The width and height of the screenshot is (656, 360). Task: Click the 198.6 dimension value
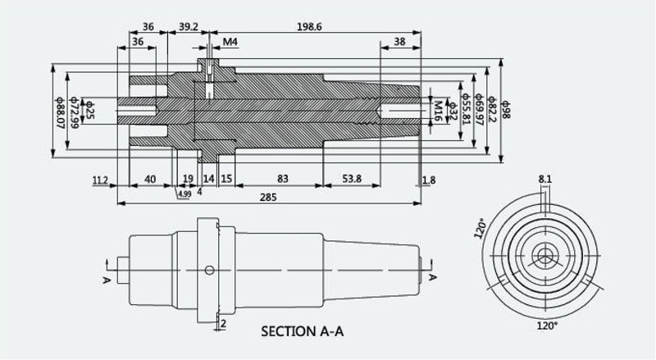click(x=309, y=27)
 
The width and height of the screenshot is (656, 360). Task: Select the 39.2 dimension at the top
click(x=189, y=27)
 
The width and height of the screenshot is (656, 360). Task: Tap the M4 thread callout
click(x=230, y=42)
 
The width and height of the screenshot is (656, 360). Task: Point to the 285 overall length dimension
click(x=268, y=197)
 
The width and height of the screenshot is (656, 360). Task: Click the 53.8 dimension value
click(x=352, y=179)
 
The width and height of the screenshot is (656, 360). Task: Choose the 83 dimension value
click(x=283, y=179)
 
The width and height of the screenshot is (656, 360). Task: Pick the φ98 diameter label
click(x=506, y=109)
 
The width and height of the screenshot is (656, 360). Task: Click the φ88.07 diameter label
click(x=59, y=112)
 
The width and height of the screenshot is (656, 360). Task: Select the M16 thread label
click(x=438, y=111)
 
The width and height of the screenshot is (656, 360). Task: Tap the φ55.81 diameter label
click(x=466, y=109)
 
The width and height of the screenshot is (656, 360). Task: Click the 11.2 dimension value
click(x=100, y=180)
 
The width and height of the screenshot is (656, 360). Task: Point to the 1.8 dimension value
click(x=429, y=180)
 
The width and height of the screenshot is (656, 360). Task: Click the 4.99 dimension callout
click(x=184, y=194)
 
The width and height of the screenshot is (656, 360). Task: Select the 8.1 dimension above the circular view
click(x=545, y=180)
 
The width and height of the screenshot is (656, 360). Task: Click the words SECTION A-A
click(x=302, y=331)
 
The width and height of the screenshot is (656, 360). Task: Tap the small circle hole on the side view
click(x=209, y=271)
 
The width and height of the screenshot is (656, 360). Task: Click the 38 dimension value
click(x=399, y=42)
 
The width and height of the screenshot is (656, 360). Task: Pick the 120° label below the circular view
click(x=547, y=326)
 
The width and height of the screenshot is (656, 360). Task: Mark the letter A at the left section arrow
click(x=107, y=280)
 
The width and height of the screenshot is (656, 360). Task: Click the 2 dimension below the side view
click(x=223, y=323)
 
